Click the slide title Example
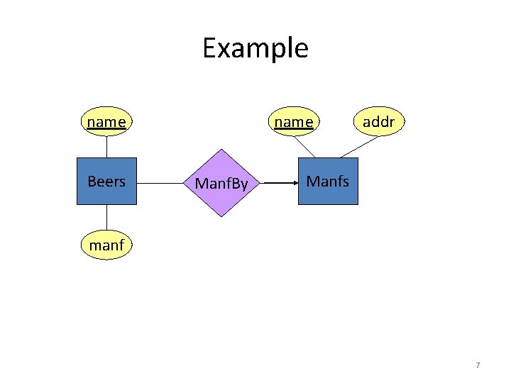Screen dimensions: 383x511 pyautogui.click(x=255, y=48)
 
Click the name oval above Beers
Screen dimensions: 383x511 pyautogui.click(x=106, y=122)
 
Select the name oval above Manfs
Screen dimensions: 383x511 pyautogui.click(x=293, y=122)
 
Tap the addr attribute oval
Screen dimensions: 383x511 pyautogui.click(x=378, y=122)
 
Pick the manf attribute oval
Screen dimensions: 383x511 pyautogui.click(x=106, y=245)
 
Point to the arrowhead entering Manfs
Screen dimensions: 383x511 pyautogui.click(x=294, y=182)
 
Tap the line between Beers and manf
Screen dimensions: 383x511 pyautogui.click(x=106, y=218)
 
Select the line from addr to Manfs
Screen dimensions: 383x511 pyautogui.click(x=361, y=146)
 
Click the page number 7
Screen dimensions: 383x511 pyautogui.click(x=478, y=365)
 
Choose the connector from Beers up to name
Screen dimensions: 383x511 pyautogui.click(x=106, y=146)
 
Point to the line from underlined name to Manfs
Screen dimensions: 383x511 pyautogui.click(x=305, y=147)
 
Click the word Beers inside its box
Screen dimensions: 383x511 pyautogui.click(x=106, y=182)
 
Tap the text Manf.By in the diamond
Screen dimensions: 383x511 pyautogui.click(x=221, y=184)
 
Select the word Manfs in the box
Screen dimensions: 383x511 pyautogui.click(x=328, y=182)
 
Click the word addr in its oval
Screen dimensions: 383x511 pyautogui.click(x=378, y=122)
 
